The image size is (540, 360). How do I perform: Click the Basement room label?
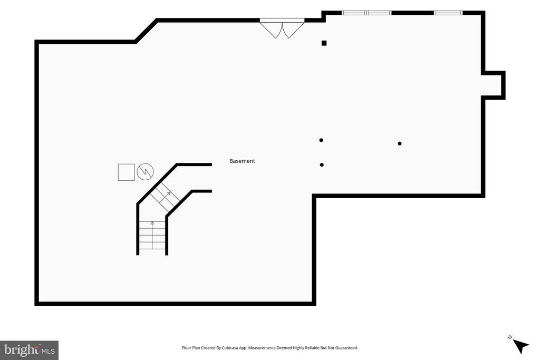pos(242,161)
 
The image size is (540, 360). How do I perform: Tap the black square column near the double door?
pos(324,43)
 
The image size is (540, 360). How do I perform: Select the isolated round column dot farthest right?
pos(400,143)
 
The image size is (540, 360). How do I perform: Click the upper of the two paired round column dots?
pos(321,140)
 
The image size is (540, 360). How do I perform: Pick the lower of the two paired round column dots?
pos(322,165)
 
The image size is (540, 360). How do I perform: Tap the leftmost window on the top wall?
pos(354,13)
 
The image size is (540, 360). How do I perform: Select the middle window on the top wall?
pos(379,13)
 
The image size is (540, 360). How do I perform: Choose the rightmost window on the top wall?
pos(448,13)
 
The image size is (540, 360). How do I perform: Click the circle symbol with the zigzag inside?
pos(145,172)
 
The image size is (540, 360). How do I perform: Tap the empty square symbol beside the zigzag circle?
pos(127,172)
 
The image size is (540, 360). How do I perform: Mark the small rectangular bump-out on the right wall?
pos(494,85)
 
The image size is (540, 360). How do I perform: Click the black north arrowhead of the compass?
pos(520,346)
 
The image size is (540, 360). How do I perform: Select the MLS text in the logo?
pos(48,352)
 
